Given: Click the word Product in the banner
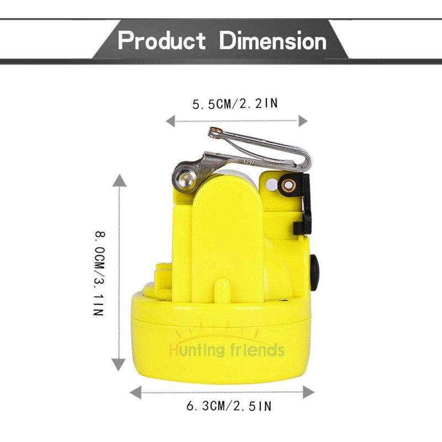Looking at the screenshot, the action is (x=161, y=40).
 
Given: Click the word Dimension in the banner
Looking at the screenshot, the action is (x=273, y=40).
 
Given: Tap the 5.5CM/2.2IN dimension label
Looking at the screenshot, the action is (x=235, y=104).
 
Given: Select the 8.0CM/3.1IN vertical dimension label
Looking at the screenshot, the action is (x=99, y=273).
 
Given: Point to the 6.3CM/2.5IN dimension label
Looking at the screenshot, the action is (x=229, y=406).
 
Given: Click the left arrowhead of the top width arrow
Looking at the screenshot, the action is (x=170, y=121).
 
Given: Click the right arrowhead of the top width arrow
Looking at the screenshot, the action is (x=303, y=121).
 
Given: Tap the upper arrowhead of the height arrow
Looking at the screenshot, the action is (x=119, y=181).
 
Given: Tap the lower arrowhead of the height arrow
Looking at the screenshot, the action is (x=118, y=365).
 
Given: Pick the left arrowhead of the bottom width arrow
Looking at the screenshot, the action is (x=135, y=392).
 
